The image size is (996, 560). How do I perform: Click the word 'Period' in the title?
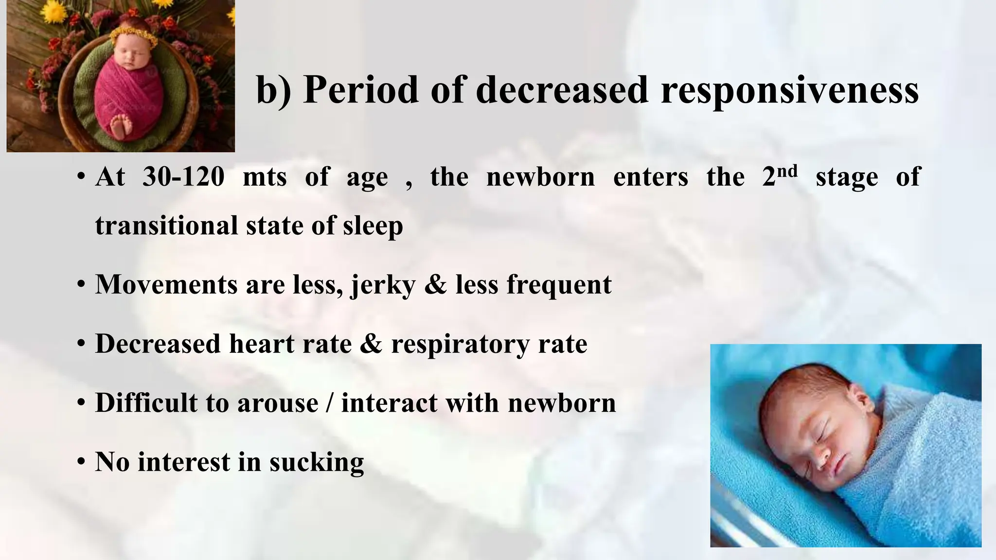[x=360, y=90]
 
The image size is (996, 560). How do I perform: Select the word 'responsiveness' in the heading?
[x=789, y=90]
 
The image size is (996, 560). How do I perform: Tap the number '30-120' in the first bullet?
[x=183, y=176]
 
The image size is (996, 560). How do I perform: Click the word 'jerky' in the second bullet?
[x=383, y=285]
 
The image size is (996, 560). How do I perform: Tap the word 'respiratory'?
[x=460, y=345]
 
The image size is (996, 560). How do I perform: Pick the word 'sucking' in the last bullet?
[x=317, y=462]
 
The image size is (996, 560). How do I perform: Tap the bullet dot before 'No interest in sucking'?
[x=81, y=462]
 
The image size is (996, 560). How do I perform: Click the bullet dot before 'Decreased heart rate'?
[x=81, y=344]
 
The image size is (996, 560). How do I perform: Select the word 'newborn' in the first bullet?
[x=540, y=176]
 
